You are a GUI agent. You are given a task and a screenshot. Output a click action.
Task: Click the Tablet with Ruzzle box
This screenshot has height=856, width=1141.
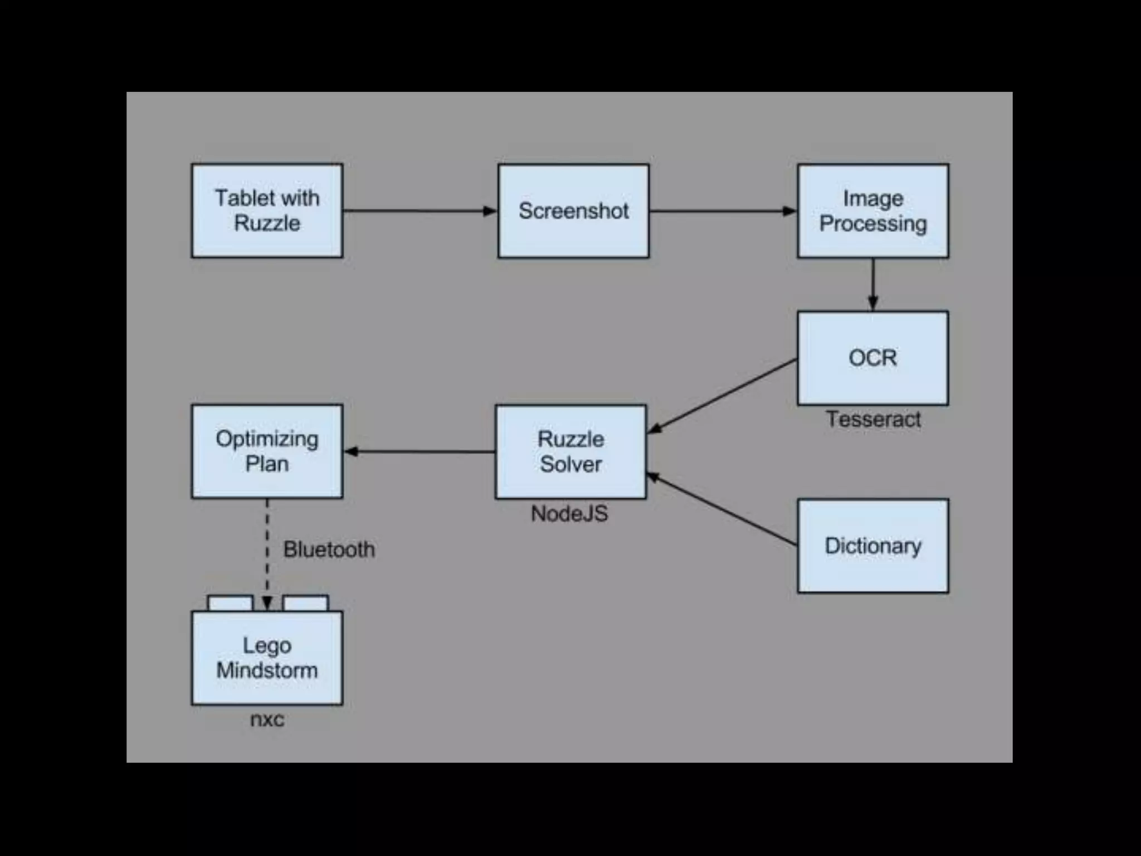(267, 211)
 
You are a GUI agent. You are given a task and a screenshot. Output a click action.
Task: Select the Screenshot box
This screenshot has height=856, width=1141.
(573, 211)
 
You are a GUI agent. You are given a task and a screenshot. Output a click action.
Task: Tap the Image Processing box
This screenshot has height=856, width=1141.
(872, 211)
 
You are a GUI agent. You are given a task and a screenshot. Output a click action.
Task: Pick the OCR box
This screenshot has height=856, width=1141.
(872, 358)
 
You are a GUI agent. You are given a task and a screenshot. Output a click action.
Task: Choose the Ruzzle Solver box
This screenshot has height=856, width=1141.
(570, 451)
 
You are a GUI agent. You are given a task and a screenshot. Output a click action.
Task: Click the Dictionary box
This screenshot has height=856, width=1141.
(872, 546)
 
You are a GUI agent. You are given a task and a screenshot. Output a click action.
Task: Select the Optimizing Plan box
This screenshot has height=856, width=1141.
(267, 451)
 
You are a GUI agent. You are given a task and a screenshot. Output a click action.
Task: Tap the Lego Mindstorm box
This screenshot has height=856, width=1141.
(267, 658)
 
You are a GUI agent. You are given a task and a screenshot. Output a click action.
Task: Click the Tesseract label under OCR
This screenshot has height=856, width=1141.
(873, 419)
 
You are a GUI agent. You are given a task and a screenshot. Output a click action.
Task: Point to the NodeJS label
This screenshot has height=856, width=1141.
(569, 514)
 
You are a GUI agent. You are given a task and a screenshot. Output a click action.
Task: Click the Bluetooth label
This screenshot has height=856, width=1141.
(329, 549)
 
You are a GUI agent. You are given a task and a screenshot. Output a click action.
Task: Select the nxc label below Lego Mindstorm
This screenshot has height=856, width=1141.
(267, 719)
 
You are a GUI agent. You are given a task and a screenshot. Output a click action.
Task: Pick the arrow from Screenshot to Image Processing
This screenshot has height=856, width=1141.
(723, 211)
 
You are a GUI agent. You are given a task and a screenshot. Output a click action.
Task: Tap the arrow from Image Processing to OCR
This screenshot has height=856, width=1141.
(873, 284)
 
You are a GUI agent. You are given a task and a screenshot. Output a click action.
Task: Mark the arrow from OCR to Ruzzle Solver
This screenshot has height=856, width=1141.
(723, 396)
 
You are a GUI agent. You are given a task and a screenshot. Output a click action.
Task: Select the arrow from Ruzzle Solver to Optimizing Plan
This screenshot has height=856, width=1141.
(419, 451)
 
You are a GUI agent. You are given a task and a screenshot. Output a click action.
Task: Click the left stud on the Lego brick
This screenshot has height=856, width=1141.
(230, 604)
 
